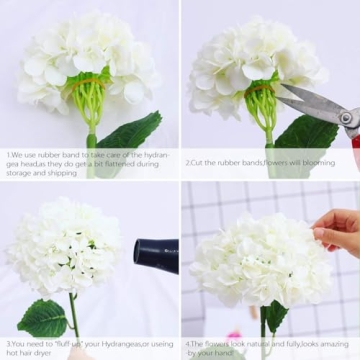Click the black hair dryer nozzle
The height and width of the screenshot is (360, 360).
pyautogui.click(x=156, y=255)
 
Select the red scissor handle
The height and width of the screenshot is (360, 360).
pyautogui.click(x=351, y=127)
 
